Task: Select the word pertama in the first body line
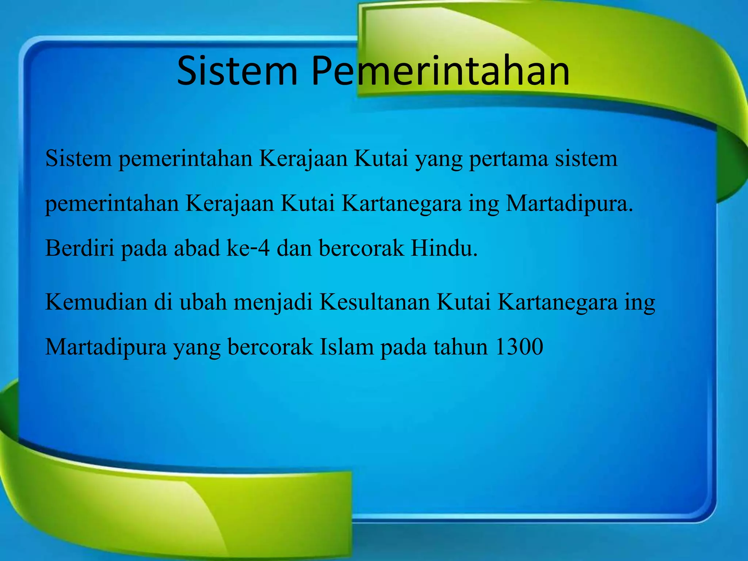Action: coord(508,159)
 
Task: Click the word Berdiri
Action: coord(80,248)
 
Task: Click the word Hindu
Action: coord(444,248)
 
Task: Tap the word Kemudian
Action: coord(96,302)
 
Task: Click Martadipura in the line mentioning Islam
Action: coord(106,347)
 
